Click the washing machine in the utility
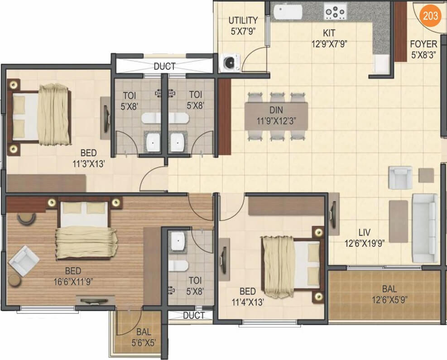[230, 62]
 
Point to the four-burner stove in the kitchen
[336, 11]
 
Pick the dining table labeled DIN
[276, 116]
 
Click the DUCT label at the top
[164, 67]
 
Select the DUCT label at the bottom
[194, 316]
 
